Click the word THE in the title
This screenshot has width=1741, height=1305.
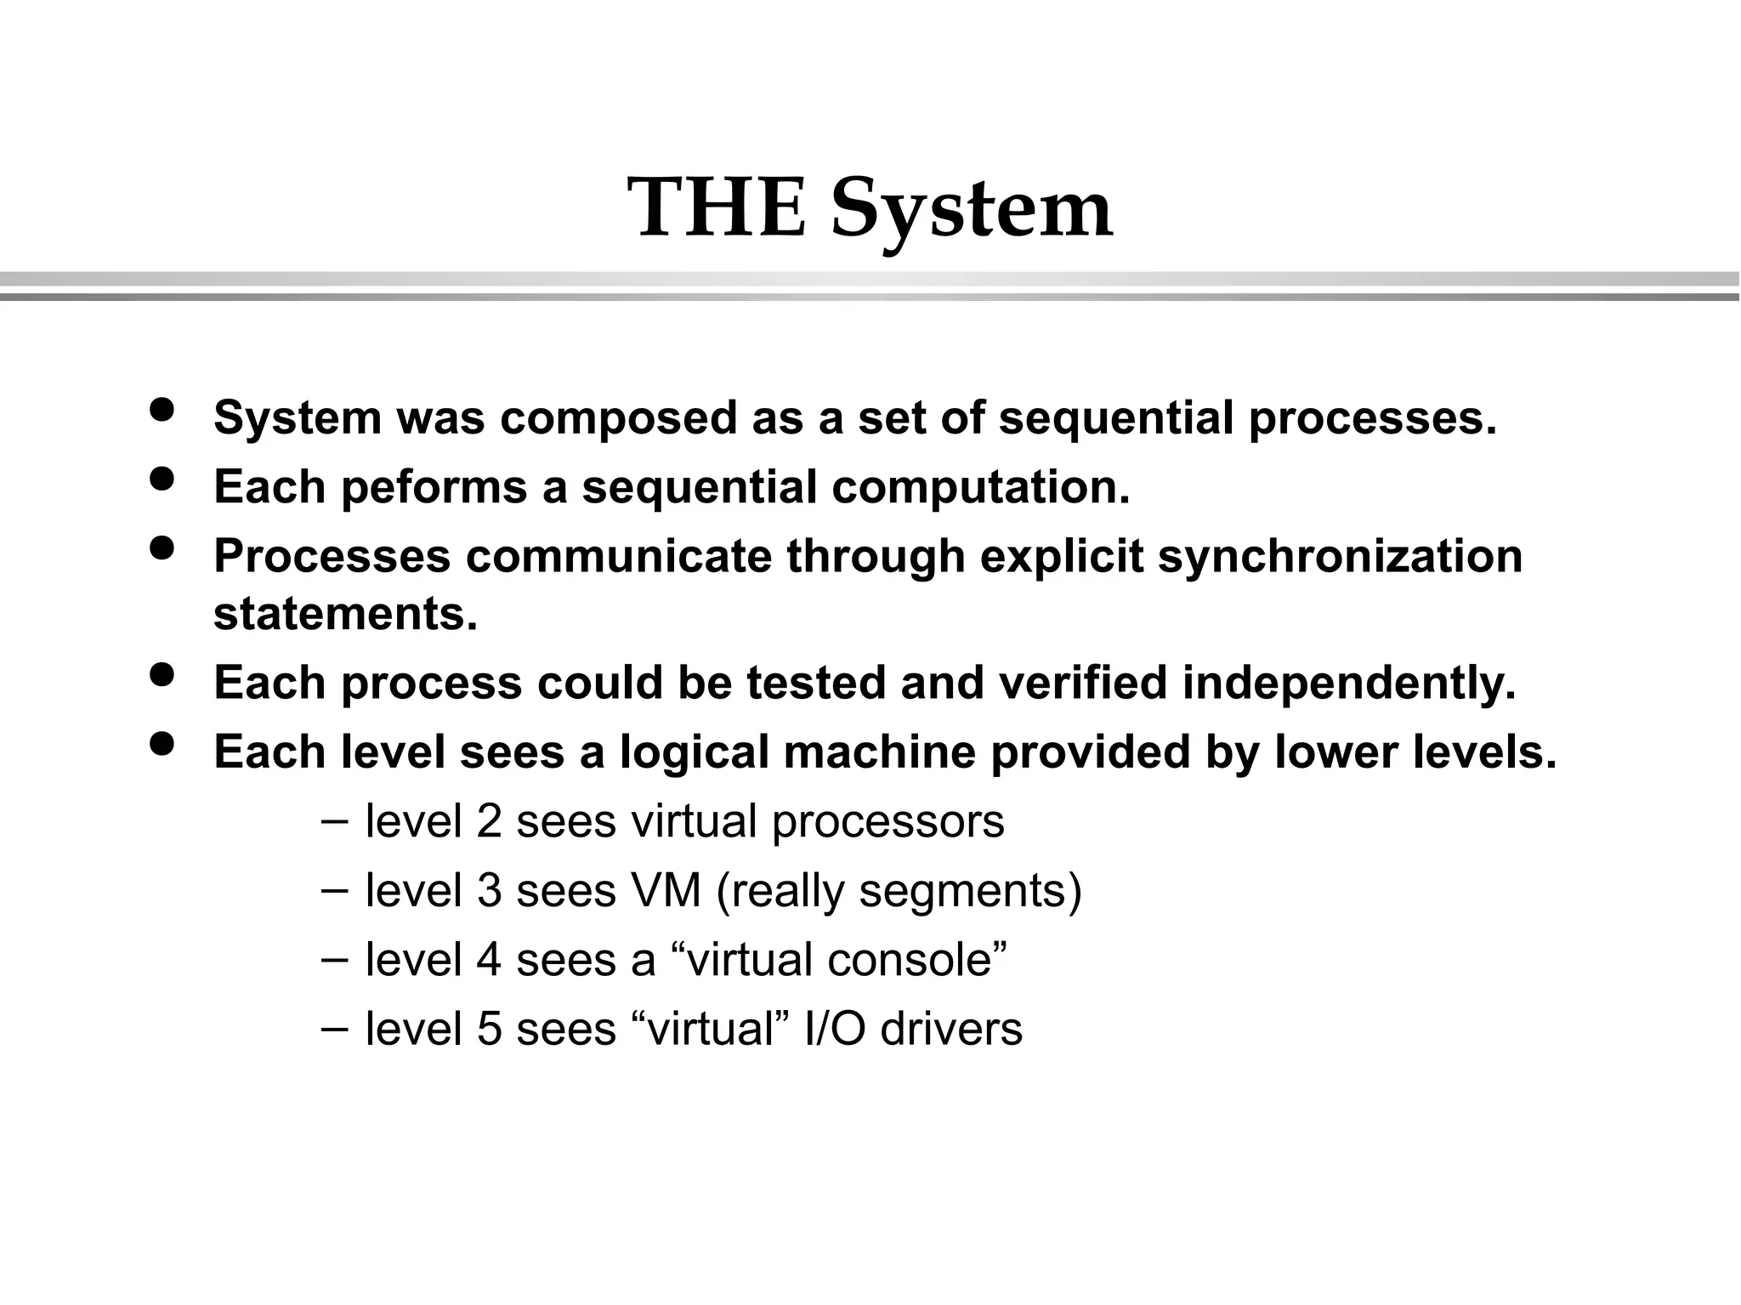click(716, 208)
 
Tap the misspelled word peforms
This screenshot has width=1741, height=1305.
click(434, 487)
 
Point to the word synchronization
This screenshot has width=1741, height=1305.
click(1340, 556)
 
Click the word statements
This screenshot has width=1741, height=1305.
click(345, 614)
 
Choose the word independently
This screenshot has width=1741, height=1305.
click(1348, 683)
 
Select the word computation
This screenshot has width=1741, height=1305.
click(980, 487)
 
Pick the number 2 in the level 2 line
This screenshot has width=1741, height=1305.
click(489, 822)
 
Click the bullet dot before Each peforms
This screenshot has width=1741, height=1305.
click(162, 479)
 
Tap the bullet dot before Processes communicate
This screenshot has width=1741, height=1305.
click(162, 548)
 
